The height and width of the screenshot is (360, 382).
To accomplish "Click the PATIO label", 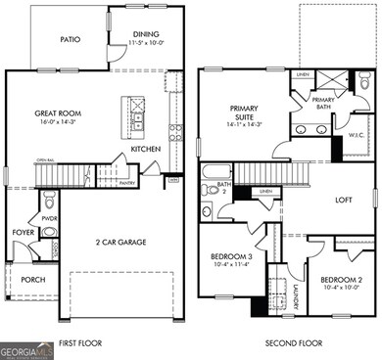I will [69, 40].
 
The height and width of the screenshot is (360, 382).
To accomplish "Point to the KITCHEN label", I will [146, 149].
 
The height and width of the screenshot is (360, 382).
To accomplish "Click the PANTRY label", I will [126, 183].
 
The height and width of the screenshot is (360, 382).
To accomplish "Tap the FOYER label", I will [23, 233].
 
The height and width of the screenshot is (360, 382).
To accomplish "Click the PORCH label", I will [32, 279].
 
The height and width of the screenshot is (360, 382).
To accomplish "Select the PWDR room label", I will [49, 219].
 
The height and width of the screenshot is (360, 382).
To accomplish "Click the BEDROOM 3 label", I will [231, 257].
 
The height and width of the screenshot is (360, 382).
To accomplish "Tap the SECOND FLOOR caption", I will [295, 343].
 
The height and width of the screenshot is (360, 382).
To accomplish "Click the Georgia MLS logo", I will [27, 349].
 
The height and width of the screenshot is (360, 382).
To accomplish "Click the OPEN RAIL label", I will [45, 159].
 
